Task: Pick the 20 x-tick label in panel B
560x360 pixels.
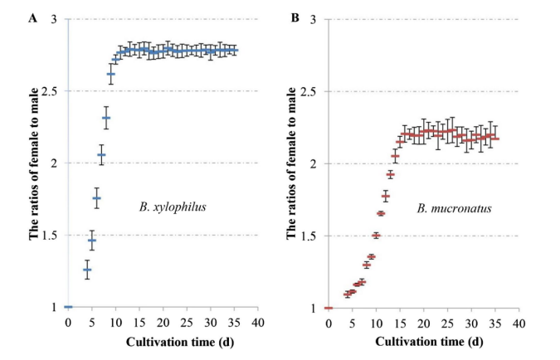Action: click(x=424, y=322)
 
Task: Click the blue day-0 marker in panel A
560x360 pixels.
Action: click(x=68, y=307)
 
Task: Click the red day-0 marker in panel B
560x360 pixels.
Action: click(x=329, y=308)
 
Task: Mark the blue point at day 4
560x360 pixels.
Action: click(x=86, y=270)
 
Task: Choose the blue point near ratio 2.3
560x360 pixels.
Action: click(x=105, y=118)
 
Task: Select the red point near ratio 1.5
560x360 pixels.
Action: click(x=376, y=236)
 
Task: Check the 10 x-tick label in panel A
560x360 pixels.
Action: click(x=115, y=322)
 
